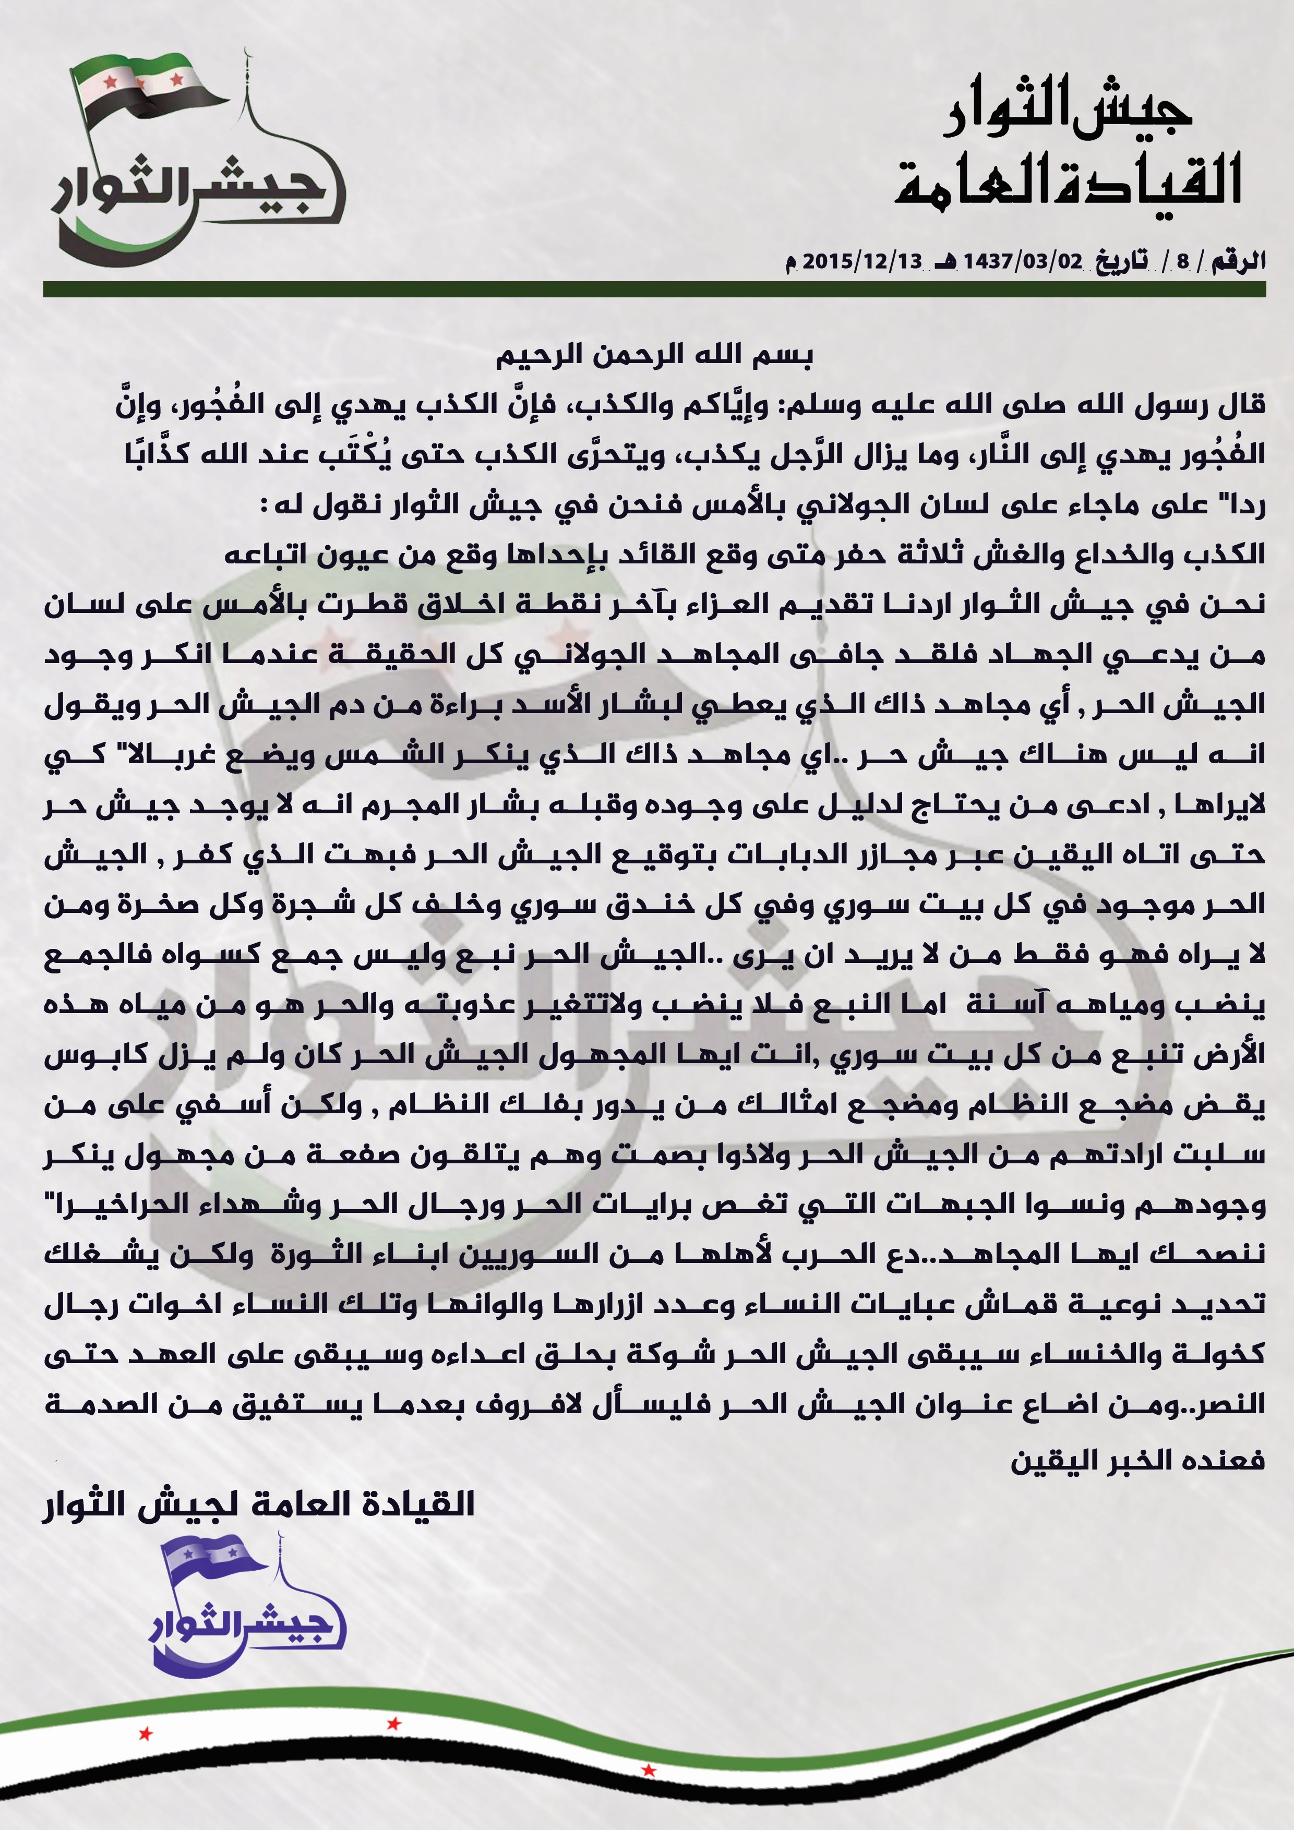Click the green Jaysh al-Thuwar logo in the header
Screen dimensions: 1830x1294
click(x=195, y=160)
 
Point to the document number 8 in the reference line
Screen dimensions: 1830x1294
click(x=1182, y=261)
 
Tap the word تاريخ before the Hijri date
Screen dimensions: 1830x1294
click(x=1121, y=261)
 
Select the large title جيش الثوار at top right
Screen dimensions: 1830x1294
click(x=1069, y=112)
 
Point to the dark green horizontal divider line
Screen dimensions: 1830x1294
click(x=654, y=290)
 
